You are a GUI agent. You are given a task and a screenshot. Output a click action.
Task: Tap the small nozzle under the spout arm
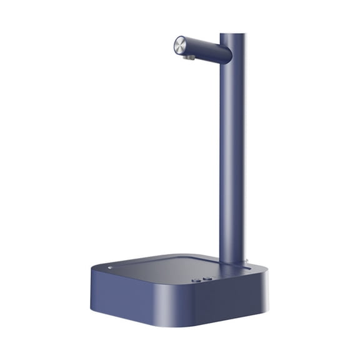tap(188, 57)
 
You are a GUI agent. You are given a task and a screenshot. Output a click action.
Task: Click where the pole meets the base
tap(232, 261)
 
